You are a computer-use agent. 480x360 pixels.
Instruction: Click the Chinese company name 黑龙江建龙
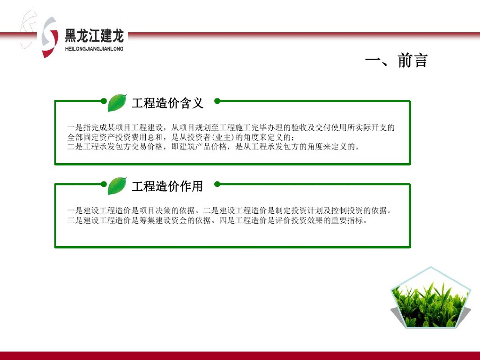click(x=94, y=36)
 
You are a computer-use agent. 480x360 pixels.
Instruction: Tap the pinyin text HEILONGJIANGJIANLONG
click(x=94, y=49)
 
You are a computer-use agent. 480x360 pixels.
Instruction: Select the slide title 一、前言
click(x=396, y=60)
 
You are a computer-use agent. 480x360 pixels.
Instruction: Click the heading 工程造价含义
click(x=167, y=103)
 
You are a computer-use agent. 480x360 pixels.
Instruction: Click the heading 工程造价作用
click(x=167, y=186)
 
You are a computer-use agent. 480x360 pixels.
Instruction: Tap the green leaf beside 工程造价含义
click(x=117, y=103)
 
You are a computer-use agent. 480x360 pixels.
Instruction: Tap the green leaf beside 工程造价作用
click(x=117, y=186)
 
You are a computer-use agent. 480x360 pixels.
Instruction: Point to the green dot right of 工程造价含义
click(x=217, y=101)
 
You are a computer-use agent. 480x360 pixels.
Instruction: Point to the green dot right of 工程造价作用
click(x=217, y=184)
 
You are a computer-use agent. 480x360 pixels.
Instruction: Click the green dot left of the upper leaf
click(x=104, y=101)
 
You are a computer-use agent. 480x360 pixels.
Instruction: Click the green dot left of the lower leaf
click(x=104, y=184)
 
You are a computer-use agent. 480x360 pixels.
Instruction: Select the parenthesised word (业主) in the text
click(x=223, y=137)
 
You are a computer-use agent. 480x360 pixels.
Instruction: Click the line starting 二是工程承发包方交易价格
click(x=213, y=147)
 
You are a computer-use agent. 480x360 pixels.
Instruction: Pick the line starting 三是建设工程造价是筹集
click(x=217, y=220)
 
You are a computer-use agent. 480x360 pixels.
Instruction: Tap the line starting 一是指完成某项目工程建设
click(x=231, y=127)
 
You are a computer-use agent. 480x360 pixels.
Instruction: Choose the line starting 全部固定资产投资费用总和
click(x=181, y=137)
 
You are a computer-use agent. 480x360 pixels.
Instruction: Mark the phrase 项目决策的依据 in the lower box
click(x=167, y=210)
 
